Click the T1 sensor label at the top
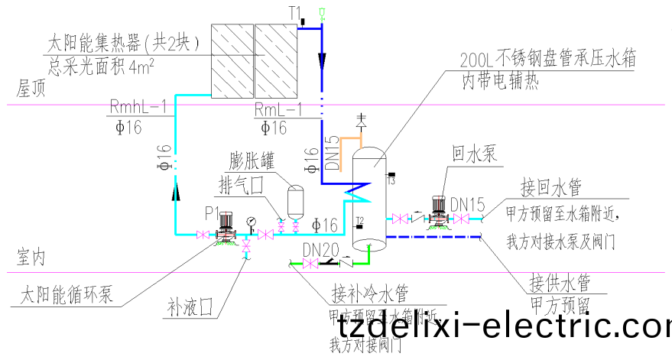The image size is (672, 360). tap(296, 13)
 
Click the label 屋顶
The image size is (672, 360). tap(22, 87)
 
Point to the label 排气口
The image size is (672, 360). tap(242, 186)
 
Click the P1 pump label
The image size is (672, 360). tap(212, 211)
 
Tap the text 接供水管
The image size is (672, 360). tap(560, 285)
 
